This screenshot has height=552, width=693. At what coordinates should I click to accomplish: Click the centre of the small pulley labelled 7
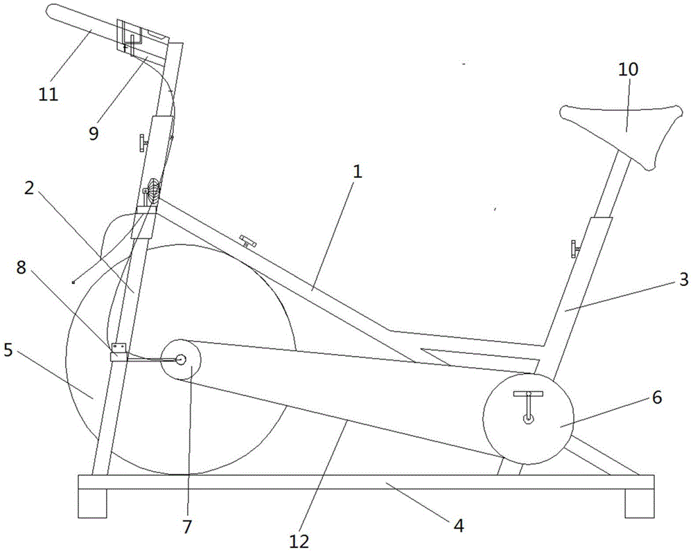click(x=180, y=359)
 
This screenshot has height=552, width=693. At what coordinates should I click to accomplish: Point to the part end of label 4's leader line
click(x=385, y=483)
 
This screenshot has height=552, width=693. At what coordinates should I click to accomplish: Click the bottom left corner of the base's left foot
click(x=78, y=517)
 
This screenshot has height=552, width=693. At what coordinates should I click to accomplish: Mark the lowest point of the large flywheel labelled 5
click(x=180, y=475)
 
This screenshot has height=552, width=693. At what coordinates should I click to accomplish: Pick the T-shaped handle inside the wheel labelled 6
click(x=527, y=407)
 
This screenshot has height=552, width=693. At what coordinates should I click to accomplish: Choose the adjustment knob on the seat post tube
click(x=575, y=249)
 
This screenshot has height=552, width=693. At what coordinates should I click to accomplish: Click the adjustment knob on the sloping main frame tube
click(x=247, y=241)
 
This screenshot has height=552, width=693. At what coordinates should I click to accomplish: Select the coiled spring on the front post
click(x=153, y=190)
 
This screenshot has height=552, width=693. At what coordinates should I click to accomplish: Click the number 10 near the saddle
click(x=628, y=69)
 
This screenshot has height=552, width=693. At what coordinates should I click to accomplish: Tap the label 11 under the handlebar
click(x=49, y=94)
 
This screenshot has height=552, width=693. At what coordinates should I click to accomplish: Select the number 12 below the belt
click(x=299, y=541)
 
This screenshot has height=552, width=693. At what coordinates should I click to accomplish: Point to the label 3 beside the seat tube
click(x=683, y=280)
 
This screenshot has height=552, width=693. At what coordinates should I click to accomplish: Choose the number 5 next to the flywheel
click(x=8, y=350)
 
